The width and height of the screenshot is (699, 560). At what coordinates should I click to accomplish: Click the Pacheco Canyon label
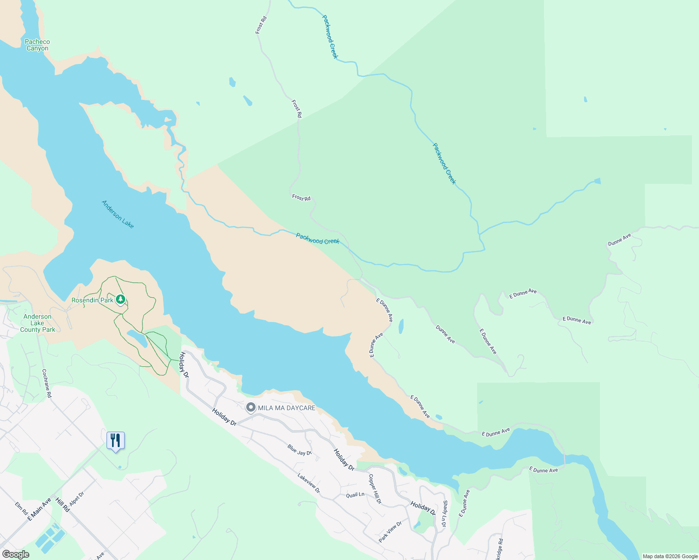pos(37,45)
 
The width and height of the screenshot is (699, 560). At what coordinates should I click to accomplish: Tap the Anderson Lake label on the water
pos(118,214)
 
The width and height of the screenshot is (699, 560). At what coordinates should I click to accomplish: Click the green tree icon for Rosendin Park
pos(121,299)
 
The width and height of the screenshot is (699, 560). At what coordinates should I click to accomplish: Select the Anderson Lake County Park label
pos(37,323)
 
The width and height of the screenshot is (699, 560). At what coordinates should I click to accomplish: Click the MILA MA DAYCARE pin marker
pos(251,407)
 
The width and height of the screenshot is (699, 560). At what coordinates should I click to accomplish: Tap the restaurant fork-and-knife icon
pos(115,440)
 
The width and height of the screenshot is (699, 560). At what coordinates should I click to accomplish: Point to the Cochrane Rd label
pos(47,383)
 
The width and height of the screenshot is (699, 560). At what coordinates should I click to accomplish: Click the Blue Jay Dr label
pos(300,450)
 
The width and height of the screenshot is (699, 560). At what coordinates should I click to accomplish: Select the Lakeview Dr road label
pos(309,483)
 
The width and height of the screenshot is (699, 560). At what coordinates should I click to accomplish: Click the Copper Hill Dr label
pos(375,489)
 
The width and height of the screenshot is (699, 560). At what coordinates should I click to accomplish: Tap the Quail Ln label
pos(355,495)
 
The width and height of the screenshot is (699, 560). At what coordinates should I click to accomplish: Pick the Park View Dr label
pos(390,532)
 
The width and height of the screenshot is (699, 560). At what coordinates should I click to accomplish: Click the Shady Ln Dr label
pos(445,514)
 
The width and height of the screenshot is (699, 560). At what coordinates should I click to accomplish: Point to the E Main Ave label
pos(39,509)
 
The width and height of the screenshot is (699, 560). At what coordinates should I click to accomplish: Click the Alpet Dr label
pos(76,498)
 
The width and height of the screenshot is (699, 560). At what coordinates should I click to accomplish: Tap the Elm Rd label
pos(21,508)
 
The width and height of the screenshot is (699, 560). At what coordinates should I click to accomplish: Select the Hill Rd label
pos(62,505)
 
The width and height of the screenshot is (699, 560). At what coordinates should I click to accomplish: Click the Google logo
pos(15,554)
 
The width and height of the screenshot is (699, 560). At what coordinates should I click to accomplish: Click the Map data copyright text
pos(670,556)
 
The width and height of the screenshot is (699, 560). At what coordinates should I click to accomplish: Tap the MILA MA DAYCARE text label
pos(286,408)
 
